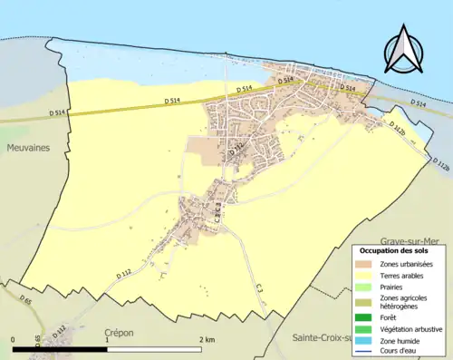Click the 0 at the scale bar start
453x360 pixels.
[14, 339]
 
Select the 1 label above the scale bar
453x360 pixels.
[108, 339]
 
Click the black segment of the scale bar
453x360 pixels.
[62, 349]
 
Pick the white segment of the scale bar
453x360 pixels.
[154, 349]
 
